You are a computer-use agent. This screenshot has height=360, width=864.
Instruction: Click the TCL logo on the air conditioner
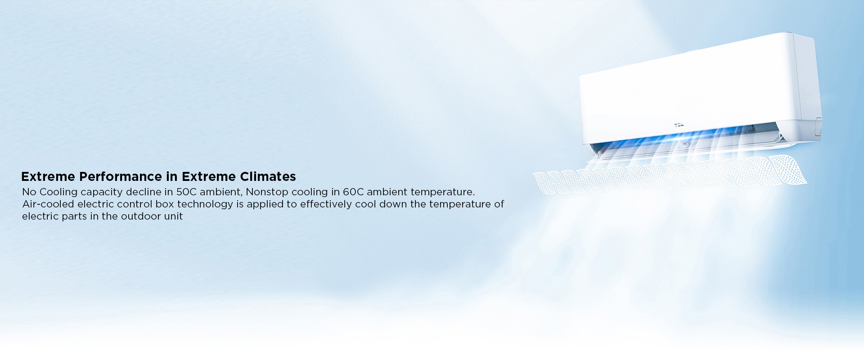point(679,125)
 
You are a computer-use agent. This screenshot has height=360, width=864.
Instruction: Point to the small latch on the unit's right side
point(819,126)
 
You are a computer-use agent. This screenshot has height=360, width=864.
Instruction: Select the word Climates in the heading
point(268,176)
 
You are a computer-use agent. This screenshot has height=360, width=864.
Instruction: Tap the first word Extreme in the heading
point(48,176)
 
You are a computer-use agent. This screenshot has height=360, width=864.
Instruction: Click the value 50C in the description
point(186,192)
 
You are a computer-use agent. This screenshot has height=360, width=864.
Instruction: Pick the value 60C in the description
point(353,192)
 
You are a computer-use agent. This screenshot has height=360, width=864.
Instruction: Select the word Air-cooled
point(48,204)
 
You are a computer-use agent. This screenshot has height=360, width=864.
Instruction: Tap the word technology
point(205,204)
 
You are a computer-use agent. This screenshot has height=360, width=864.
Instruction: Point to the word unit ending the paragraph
point(173,216)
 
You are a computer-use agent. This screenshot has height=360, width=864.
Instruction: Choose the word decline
point(144,192)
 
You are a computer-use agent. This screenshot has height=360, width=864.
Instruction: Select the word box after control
point(164,204)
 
